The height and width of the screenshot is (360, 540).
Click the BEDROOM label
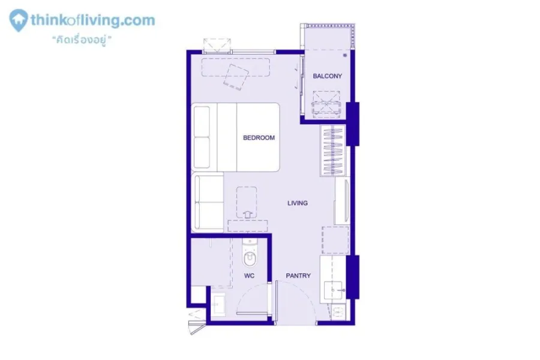tap(259, 138)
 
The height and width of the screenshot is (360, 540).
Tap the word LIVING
tap(298, 203)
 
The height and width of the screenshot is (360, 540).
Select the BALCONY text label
tap(327, 76)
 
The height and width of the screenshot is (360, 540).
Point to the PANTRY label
tap(298, 275)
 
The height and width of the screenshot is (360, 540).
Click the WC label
tap(250, 275)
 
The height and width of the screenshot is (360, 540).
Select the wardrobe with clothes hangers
tap(333, 151)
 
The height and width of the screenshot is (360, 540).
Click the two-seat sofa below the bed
tap(209, 203)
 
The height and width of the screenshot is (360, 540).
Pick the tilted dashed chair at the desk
tap(236, 77)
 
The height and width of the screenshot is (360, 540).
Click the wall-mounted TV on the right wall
tap(343, 202)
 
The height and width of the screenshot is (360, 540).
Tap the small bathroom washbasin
tap(218, 304)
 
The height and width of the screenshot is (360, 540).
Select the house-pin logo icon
tap(18, 20)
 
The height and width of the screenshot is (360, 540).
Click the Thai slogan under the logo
tap(82, 40)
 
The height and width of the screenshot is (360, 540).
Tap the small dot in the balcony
tap(345, 55)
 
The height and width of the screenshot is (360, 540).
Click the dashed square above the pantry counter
tap(335, 240)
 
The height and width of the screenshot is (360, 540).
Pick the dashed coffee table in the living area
tap(247, 202)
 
